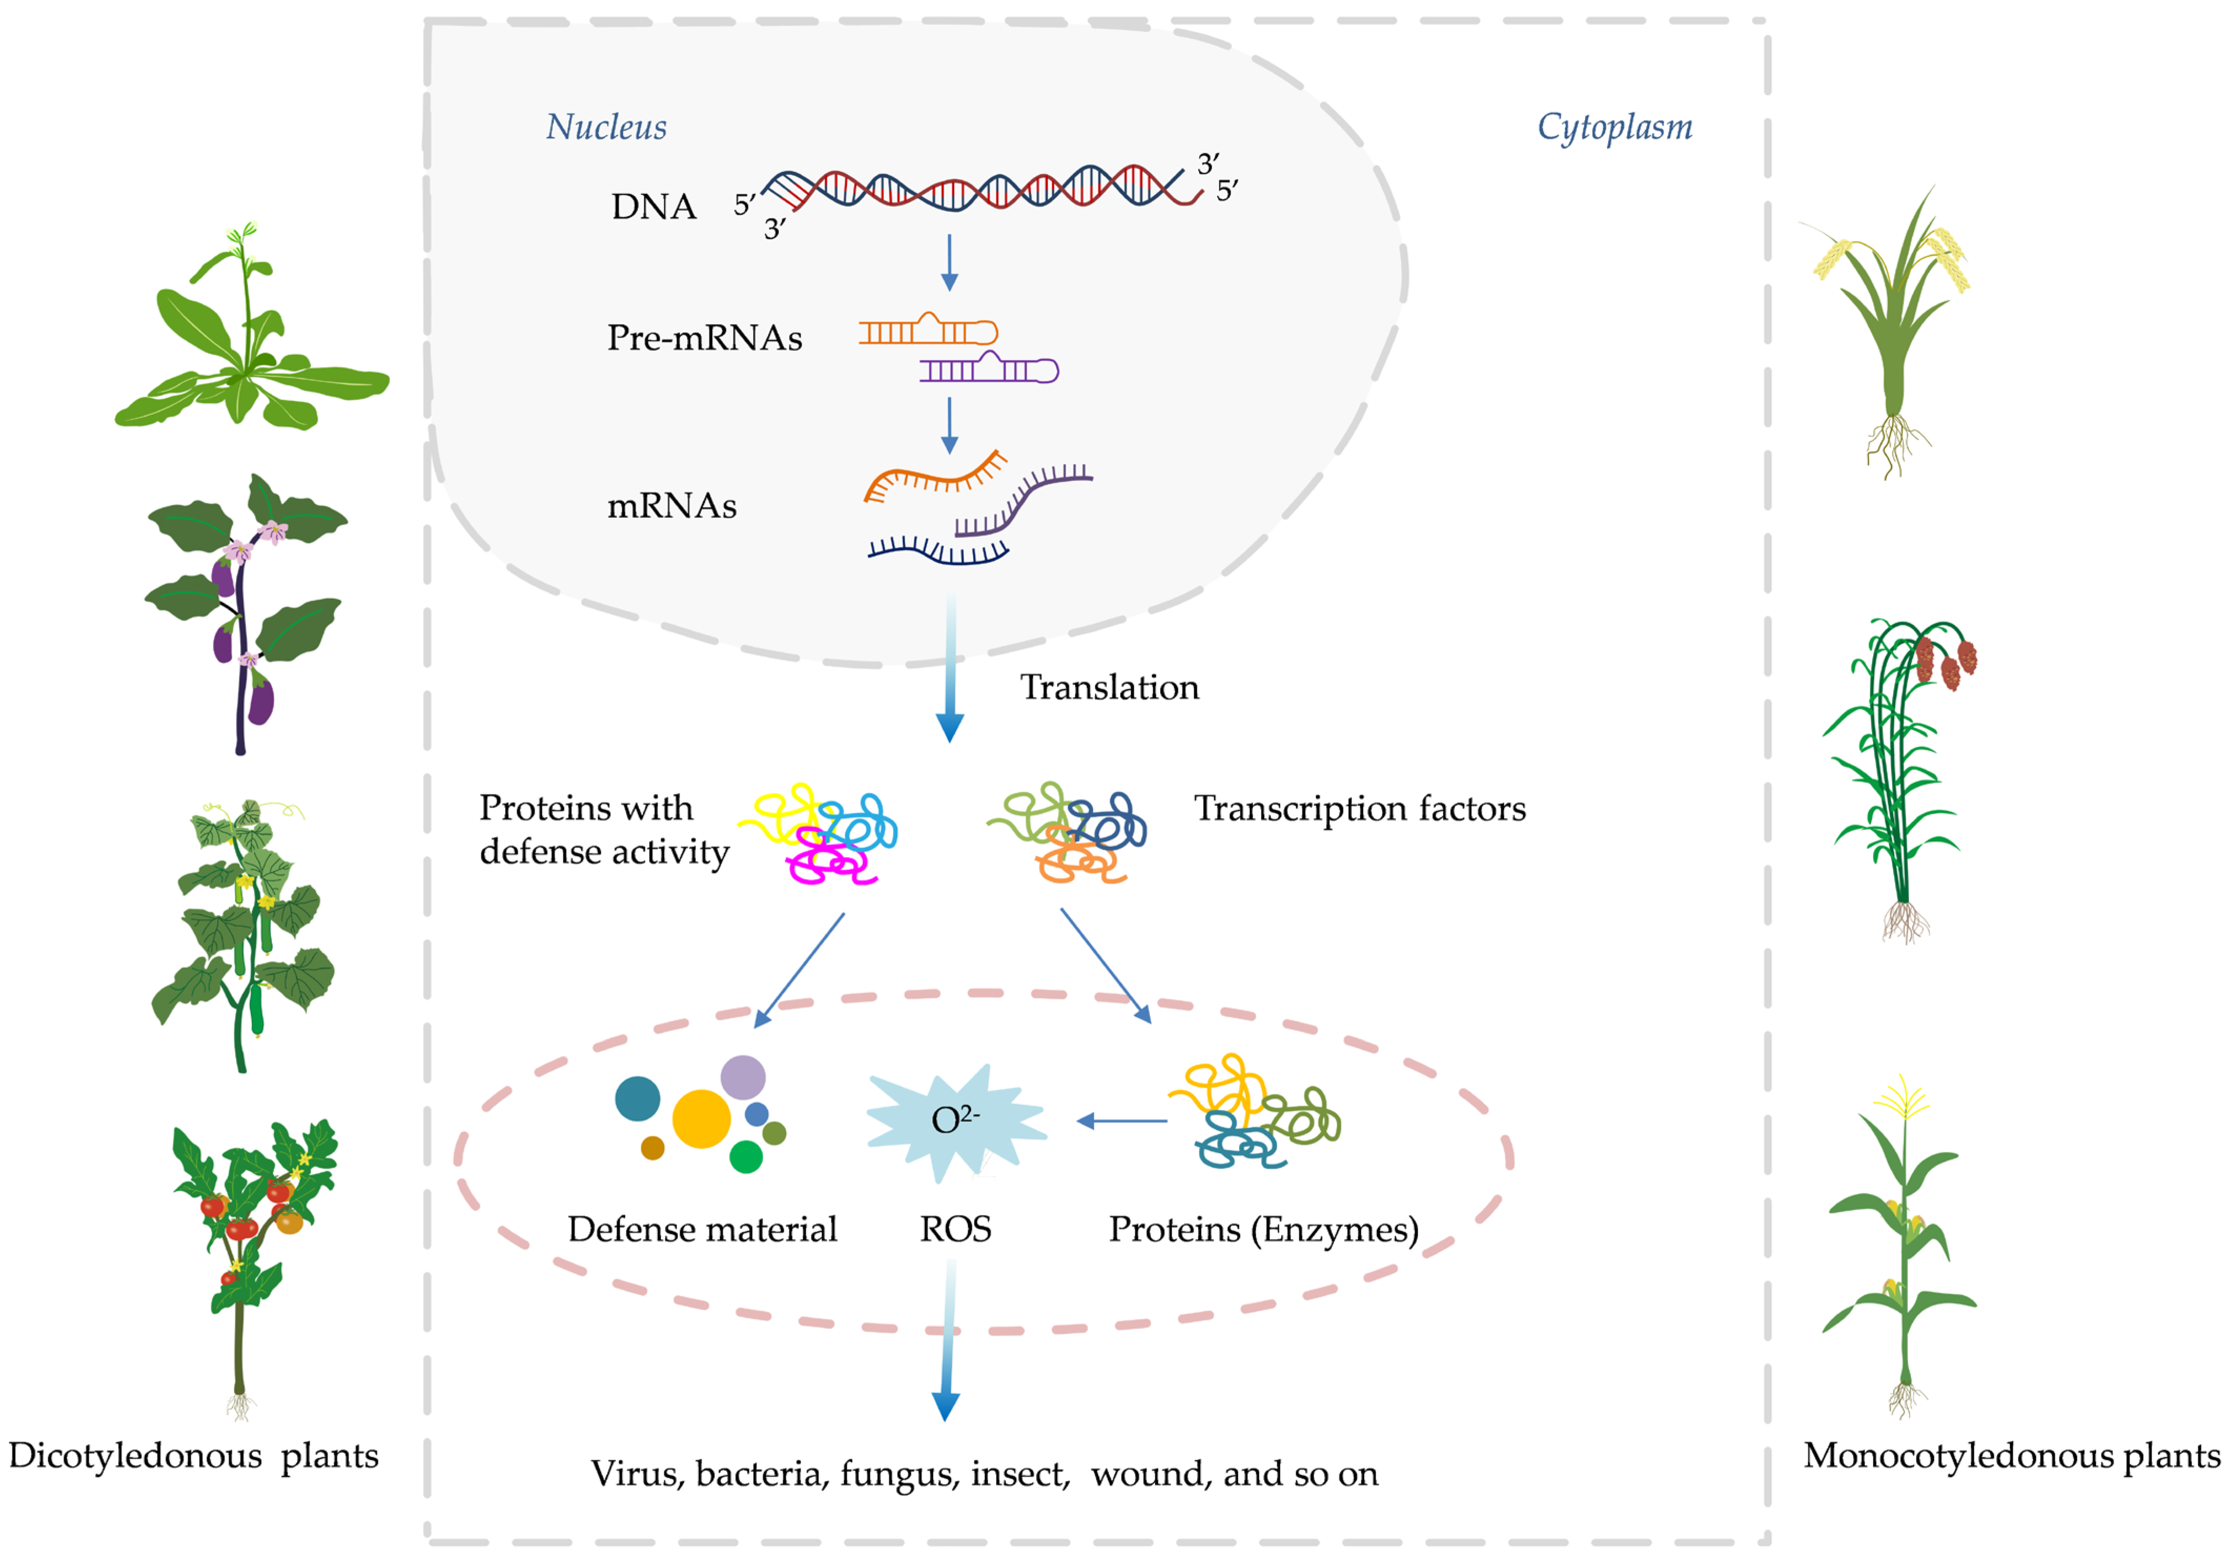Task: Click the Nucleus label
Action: tap(606, 127)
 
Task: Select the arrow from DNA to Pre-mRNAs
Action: tap(949, 262)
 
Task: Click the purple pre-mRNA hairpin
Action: tap(988, 369)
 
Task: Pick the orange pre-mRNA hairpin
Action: tap(928, 331)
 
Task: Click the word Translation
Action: tap(1109, 687)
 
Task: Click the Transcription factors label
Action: tap(1359, 809)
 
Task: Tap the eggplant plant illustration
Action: tap(243, 611)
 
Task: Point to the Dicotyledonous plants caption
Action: tap(193, 1455)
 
